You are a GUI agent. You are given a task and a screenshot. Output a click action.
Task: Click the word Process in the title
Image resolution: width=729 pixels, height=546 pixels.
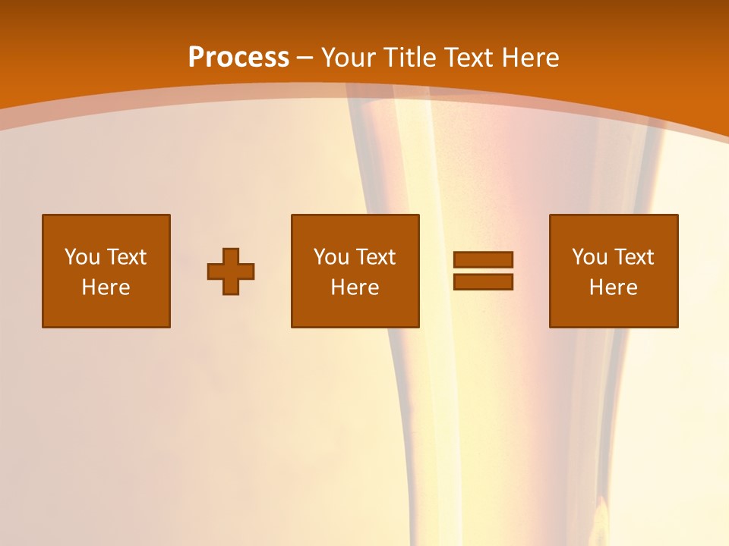[238, 58]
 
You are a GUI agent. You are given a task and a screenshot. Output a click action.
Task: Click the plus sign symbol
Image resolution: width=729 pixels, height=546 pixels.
[231, 271]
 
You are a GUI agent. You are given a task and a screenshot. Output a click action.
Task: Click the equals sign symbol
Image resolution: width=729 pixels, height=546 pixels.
[483, 271]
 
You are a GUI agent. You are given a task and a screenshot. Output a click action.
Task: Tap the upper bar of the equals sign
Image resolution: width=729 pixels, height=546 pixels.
[483, 259]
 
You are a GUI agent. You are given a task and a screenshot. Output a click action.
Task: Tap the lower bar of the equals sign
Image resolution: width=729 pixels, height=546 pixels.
[483, 282]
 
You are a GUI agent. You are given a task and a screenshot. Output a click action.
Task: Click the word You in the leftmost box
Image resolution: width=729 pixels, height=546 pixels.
[82, 257]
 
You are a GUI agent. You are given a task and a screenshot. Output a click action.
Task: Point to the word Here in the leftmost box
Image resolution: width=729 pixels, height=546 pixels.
[106, 287]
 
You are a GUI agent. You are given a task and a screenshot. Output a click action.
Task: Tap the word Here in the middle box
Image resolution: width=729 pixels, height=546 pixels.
[355, 287]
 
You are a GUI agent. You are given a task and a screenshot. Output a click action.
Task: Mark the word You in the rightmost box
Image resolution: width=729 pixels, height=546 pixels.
[589, 257]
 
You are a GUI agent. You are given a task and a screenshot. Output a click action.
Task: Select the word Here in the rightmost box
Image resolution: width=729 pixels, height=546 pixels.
[614, 287]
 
